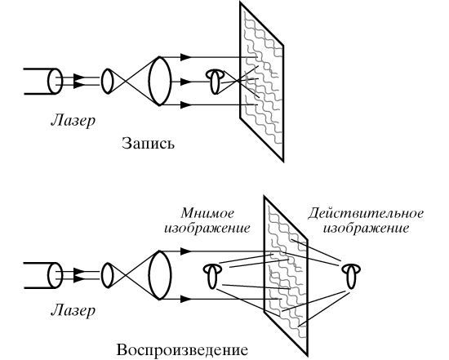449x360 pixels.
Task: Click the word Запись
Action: [x=148, y=144]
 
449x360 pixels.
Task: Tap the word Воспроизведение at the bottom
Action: [x=182, y=350]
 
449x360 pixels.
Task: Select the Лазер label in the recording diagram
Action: [x=73, y=121]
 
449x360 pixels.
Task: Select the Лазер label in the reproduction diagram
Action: [x=73, y=310]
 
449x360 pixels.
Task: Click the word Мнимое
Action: [x=207, y=213]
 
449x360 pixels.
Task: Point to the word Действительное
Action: [x=366, y=214]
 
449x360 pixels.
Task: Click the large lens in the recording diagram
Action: [x=160, y=81]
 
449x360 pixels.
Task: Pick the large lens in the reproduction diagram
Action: [x=160, y=275]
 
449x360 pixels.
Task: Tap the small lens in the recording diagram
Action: [x=107, y=81]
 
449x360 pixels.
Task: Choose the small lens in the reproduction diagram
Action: [x=107, y=275]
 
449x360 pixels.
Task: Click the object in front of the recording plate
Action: [x=216, y=82]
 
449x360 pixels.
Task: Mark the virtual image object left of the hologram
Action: [x=212, y=276]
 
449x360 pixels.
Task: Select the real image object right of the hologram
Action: [x=351, y=276]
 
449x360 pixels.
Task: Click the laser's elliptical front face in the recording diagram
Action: [x=55, y=82]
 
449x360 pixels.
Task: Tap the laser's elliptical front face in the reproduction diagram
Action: [x=55, y=276]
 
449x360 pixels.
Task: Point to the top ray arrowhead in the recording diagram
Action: [x=186, y=57]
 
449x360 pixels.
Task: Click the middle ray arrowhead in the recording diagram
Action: [x=186, y=82]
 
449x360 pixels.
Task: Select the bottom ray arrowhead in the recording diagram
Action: [x=186, y=105]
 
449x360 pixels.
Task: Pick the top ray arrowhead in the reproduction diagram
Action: [x=186, y=251]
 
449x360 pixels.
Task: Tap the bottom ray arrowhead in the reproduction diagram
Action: [x=186, y=300]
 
